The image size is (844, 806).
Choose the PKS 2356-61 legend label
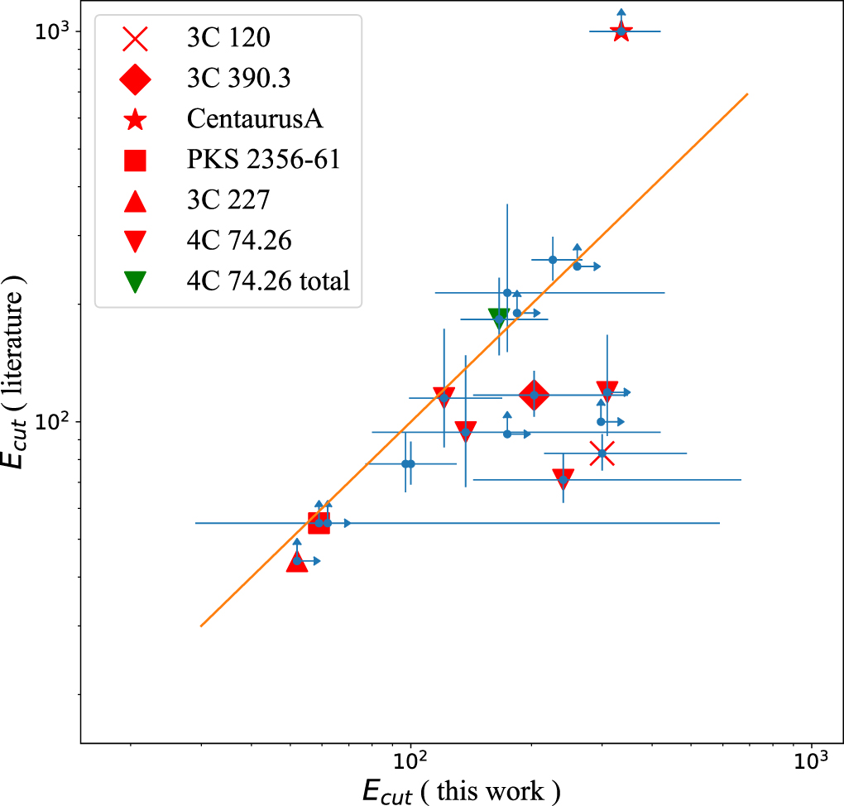[x=264, y=160]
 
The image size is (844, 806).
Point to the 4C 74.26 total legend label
[x=269, y=281]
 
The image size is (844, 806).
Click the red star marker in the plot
[x=621, y=31]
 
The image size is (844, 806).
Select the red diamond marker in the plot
[x=534, y=396]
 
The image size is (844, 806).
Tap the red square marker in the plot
[x=319, y=523]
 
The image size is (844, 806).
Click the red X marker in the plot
[x=602, y=453]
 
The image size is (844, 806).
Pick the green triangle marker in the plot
[x=498, y=318]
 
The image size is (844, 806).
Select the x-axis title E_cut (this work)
[x=462, y=791]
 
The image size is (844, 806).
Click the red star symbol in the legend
[x=135, y=119]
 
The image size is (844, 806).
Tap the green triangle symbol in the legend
[x=135, y=282]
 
